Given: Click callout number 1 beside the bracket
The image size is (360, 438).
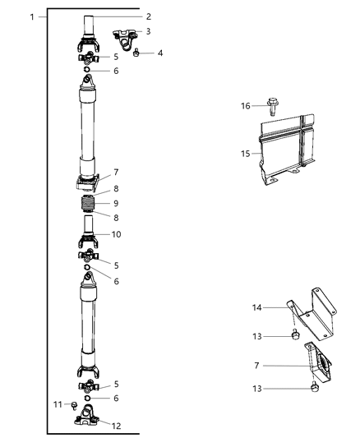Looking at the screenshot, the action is (32, 17).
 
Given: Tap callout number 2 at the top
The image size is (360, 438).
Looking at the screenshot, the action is (149, 16).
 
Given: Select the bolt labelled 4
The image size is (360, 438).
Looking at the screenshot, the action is (136, 53).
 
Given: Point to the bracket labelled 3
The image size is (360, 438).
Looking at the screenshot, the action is (124, 39).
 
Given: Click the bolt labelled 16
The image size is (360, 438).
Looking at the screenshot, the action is (272, 106).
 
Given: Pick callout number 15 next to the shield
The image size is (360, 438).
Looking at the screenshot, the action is (246, 154).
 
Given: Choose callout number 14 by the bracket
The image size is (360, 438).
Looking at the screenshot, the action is (257, 307).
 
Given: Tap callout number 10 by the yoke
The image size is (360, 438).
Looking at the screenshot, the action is (116, 234).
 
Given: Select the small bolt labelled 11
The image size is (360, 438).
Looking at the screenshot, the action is (74, 406).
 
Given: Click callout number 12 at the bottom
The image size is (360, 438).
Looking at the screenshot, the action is (116, 426).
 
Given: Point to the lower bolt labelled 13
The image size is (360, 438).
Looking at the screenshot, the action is (315, 387).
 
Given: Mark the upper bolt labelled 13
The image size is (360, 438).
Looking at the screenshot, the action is (296, 334).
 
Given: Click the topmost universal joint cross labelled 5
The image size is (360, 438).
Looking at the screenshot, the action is (89, 58).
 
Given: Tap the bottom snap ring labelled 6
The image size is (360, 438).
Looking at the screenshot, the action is (87, 398).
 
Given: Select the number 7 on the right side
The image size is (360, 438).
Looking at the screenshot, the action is (256, 366).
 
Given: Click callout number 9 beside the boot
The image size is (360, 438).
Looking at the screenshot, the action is (116, 203).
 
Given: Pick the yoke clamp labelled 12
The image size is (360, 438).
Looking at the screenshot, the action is (87, 415).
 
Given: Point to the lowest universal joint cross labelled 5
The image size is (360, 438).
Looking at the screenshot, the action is (89, 386).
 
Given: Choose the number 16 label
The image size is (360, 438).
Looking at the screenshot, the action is (246, 106).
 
